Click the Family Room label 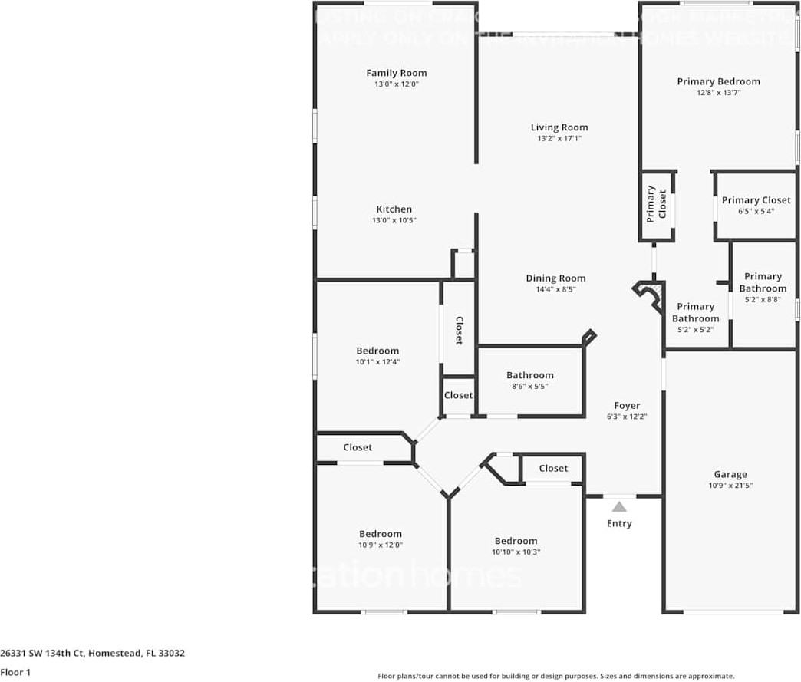coord(396,73)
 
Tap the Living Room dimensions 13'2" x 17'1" coord(559,139)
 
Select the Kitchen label coord(394,209)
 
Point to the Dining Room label coord(555,278)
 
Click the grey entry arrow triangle coord(619,506)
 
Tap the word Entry coord(619,524)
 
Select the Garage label coord(730,474)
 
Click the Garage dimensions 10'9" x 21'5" coord(730,485)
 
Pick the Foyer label coord(627,406)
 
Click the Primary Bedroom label coord(718,81)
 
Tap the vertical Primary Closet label coord(657,204)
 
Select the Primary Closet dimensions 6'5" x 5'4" coord(756,211)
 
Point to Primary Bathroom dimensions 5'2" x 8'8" coord(763,300)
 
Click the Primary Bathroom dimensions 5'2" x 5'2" coord(696,329)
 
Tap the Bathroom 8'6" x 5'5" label coord(529,375)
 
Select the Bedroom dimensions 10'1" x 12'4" coord(377,361)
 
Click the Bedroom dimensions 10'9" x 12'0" coord(381,545)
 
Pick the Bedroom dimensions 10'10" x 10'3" coord(516,552)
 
